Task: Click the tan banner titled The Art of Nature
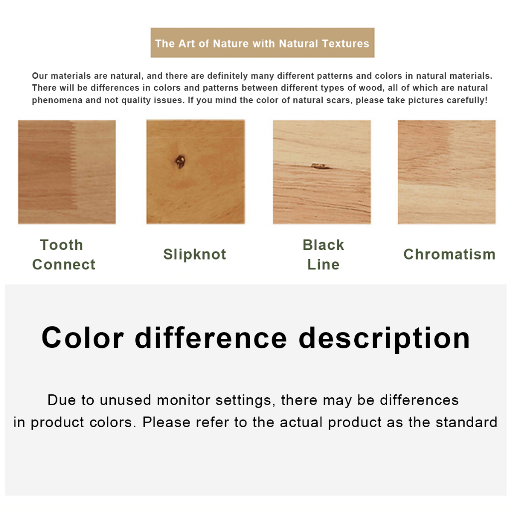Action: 262,43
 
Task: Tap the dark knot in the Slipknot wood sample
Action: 180,161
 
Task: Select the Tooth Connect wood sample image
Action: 67,172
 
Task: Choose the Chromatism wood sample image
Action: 447,172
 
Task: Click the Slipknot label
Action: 195,255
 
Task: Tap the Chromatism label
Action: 450,255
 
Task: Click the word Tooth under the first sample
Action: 61,245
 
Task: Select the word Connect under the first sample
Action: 64,264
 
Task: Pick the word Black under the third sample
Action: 323,245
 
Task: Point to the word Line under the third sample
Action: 323,264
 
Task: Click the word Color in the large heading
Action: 82,338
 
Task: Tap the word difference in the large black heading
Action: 211,338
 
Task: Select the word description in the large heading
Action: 385,339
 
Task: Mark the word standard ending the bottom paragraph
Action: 467,422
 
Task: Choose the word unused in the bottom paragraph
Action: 125,400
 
